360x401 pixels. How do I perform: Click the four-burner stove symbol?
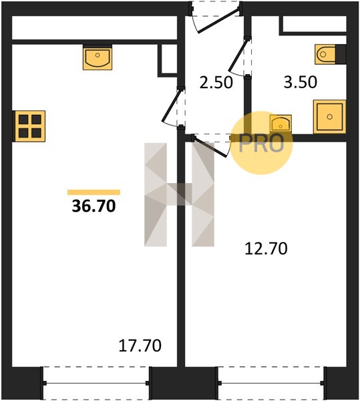click(x=29, y=126)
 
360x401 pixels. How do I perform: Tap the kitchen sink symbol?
click(x=98, y=57)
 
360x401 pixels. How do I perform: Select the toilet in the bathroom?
click(x=325, y=54)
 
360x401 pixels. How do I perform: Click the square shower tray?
click(x=329, y=116)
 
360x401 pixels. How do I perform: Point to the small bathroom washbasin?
click(x=281, y=124)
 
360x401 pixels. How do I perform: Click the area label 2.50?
click(x=216, y=83)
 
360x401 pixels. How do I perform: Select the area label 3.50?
click(x=301, y=82)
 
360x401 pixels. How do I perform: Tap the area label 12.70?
click(x=266, y=249)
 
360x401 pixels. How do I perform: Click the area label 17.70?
click(x=140, y=346)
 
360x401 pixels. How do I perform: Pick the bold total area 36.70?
click(x=94, y=206)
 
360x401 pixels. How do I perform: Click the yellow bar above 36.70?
click(x=94, y=192)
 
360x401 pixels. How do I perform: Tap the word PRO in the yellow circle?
click(x=261, y=143)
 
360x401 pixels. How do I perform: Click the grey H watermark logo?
click(x=180, y=194)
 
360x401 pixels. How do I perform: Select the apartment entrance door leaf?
click(x=219, y=21)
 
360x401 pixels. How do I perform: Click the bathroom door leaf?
click(x=238, y=55)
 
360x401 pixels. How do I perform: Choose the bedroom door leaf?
click(x=210, y=146)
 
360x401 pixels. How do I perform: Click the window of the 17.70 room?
click(x=96, y=383)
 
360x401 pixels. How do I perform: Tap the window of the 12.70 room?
click(x=271, y=383)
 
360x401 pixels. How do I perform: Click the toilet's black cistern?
click(x=341, y=54)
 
